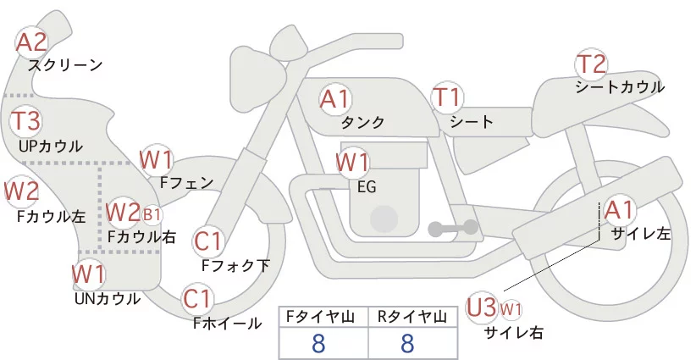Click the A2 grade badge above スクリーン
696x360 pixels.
(33, 42)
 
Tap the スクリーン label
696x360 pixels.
(65, 64)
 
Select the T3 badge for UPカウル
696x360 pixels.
(27, 120)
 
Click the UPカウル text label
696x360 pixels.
(51, 146)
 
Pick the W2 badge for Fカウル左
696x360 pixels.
(22, 191)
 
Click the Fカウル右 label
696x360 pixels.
(142, 238)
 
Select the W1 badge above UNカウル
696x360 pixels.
(89, 274)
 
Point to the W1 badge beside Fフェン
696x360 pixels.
(157, 159)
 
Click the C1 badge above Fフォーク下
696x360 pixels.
(207, 242)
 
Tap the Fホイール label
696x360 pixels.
(228, 324)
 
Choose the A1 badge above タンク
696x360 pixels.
(335, 99)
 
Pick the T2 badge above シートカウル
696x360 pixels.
(592, 64)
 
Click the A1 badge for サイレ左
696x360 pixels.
(617, 208)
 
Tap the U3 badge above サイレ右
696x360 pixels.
(483, 307)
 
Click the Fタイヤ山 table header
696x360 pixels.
(324, 317)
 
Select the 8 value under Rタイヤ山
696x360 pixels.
(407, 343)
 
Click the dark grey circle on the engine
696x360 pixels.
(385, 218)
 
